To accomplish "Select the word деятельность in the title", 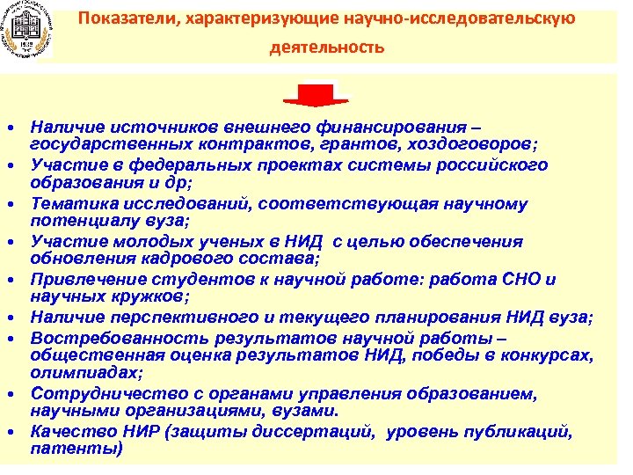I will (327, 47).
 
